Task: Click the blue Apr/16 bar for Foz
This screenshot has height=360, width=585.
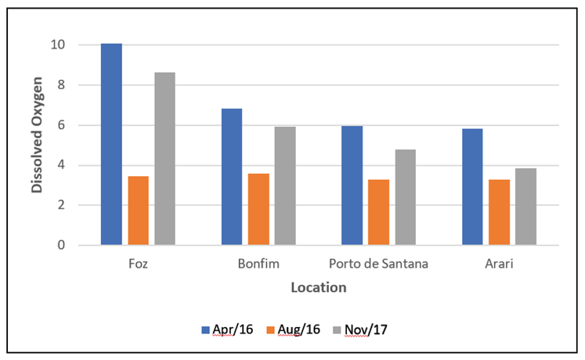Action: pos(111,144)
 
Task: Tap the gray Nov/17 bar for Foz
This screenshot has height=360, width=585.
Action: pos(164,159)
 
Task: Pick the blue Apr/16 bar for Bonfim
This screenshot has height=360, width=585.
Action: pos(232,177)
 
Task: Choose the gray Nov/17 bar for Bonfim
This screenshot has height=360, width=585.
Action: pos(285,185)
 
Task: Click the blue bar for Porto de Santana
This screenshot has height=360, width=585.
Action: pos(352,185)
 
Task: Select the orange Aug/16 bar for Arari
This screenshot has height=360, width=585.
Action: pos(499,212)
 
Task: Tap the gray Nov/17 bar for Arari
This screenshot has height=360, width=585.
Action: pos(525,207)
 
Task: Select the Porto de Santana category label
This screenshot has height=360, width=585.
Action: pos(378,264)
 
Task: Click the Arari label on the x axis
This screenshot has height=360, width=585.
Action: pos(499,264)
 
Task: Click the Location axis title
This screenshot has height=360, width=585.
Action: pos(318,287)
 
